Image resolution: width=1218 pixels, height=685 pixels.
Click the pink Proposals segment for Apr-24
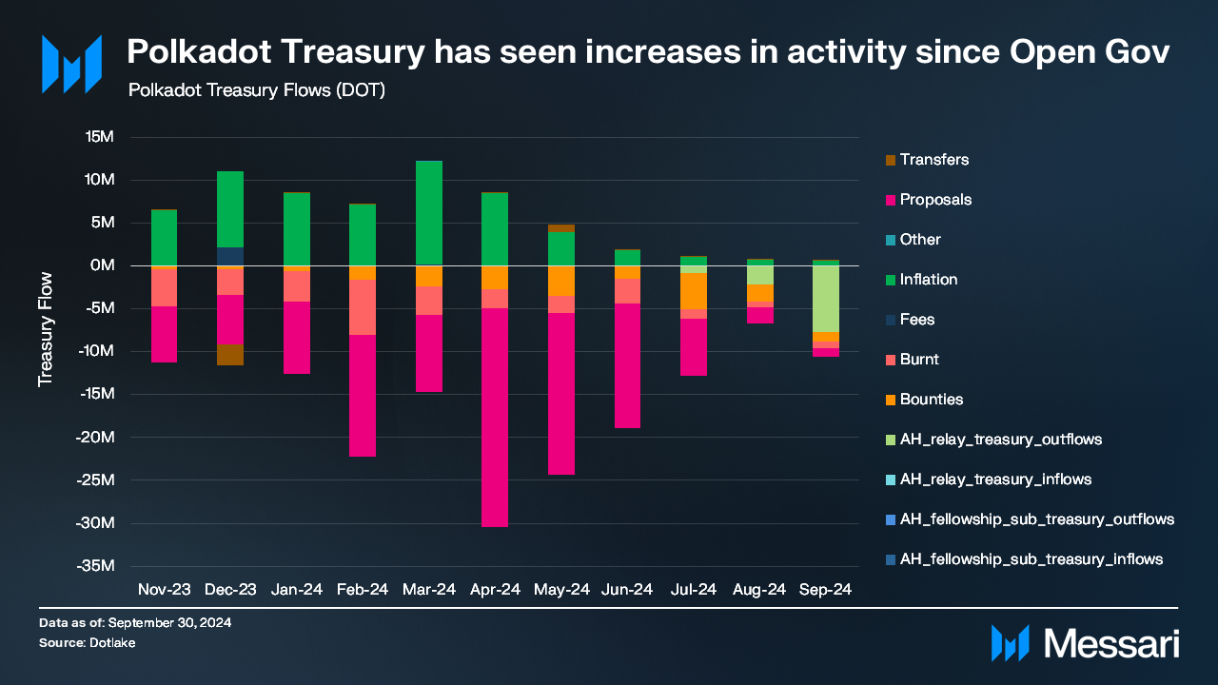(495, 417)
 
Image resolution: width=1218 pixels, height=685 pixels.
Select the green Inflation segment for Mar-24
(429, 212)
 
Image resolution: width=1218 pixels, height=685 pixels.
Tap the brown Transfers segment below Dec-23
(230, 354)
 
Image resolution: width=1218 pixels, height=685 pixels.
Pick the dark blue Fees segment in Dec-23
(230, 256)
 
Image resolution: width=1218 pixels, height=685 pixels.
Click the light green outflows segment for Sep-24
(826, 299)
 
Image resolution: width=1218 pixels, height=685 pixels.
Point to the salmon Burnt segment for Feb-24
(363, 306)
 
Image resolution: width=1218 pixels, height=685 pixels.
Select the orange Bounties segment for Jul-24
(694, 291)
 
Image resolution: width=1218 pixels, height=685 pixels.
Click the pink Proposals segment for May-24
(561, 393)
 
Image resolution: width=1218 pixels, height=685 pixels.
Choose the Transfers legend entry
(933, 160)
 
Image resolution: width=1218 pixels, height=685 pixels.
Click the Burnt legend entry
(919, 360)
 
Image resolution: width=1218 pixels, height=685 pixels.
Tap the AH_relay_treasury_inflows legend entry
(995, 479)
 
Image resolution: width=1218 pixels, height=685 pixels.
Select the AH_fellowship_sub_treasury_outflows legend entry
(1036, 519)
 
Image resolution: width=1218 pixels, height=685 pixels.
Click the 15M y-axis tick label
(99, 137)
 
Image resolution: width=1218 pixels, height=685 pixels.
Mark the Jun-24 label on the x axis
(627, 590)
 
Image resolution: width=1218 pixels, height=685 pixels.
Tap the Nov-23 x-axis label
(164, 590)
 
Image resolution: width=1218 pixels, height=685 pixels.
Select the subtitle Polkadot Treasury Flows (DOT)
(256, 90)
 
